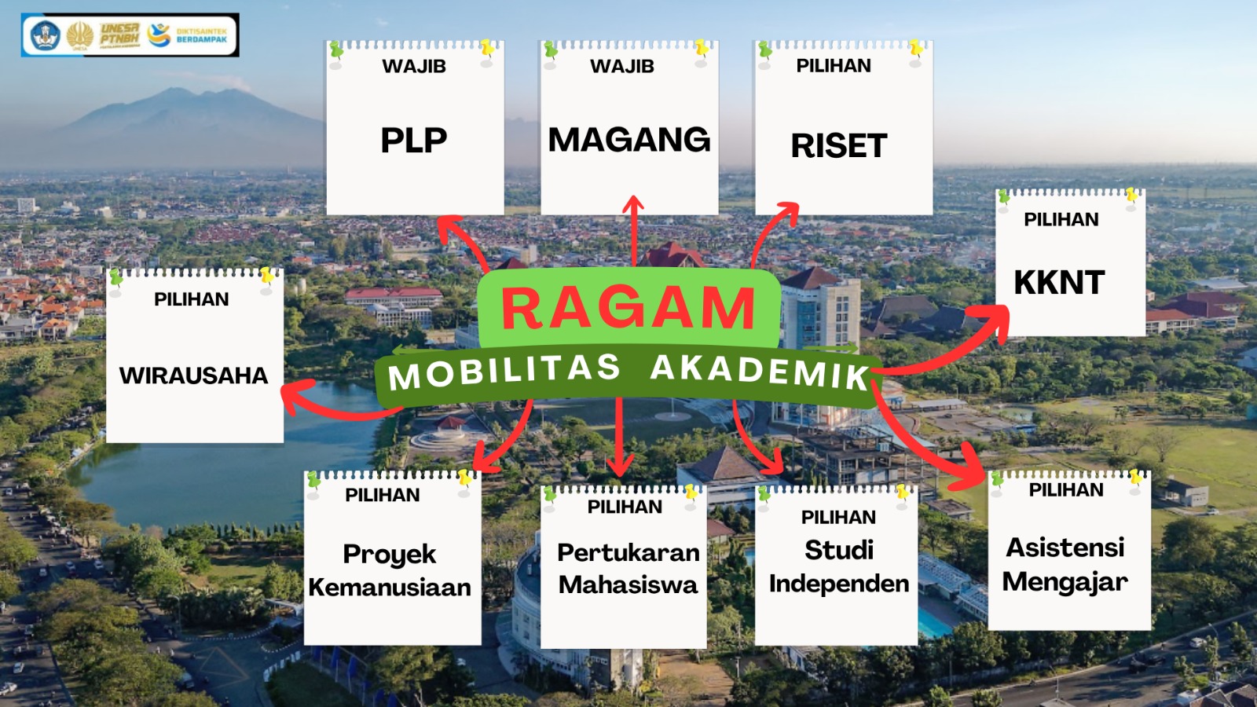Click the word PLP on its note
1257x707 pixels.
click(x=414, y=141)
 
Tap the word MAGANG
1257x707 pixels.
click(x=629, y=140)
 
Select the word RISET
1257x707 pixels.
click(x=839, y=146)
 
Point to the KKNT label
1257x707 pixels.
click(x=1060, y=282)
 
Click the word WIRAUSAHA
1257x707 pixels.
click(x=193, y=375)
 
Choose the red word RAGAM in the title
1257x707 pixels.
click(x=628, y=308)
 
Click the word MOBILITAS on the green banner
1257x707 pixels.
click(x=504, y=372)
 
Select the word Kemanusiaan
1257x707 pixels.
click(x=390, y=588)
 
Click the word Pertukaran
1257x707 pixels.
click(x=628, y=553)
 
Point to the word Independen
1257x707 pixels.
click(x=839, y=584)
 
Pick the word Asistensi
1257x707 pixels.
click(x=1065, y=548)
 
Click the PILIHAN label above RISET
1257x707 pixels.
click(x=834, y=66)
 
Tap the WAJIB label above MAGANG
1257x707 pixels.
click(x=621, y=66)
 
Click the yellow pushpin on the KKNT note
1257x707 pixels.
click(x=1131, y=196)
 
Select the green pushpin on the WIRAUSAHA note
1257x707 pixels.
click(x=116, y=278)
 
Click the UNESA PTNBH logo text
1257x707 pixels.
click(x=119, y=35)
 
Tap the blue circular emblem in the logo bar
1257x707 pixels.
click(x=45, y=35)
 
